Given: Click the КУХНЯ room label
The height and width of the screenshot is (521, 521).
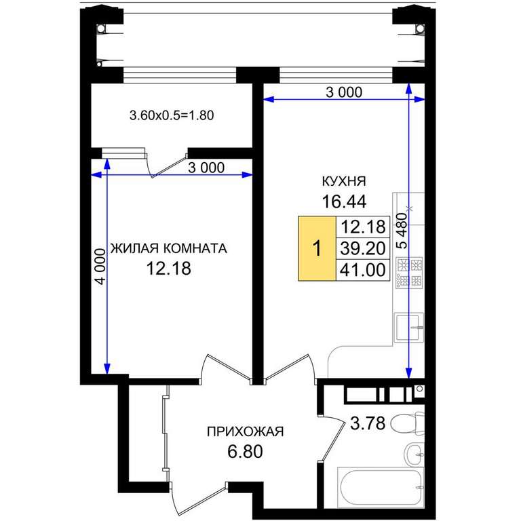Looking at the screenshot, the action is (344, 181).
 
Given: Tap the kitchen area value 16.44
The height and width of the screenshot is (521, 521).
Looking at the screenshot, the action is (344, 201).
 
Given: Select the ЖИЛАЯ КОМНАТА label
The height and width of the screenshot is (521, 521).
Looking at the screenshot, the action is (169, 248).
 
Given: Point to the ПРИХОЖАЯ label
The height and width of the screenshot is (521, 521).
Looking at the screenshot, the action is (245, 431).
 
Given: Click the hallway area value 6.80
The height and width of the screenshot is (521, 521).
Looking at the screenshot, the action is (245, 452).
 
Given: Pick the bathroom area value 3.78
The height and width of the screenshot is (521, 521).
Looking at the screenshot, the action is (368, 423).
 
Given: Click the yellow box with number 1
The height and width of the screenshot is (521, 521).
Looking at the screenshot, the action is (317, 248).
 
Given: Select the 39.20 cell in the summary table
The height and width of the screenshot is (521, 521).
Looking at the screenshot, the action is (363, 248).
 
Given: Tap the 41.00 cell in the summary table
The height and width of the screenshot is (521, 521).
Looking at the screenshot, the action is (363, 270).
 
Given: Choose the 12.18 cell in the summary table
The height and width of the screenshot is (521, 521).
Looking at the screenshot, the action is (363, 227).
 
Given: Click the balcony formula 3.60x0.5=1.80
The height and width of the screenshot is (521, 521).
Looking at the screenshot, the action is (172, 115).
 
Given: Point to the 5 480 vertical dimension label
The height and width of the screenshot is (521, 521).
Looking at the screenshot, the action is (402, 231).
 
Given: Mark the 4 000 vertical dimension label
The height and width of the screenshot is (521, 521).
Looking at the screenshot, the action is (100, 267).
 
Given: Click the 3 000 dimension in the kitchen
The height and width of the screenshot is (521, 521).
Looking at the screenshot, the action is (344, 92).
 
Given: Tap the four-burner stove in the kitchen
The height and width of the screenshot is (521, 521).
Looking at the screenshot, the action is (409, 273).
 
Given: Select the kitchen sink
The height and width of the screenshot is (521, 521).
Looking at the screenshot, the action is (409, 328).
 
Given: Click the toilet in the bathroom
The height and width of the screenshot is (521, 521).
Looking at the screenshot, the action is (407, 423).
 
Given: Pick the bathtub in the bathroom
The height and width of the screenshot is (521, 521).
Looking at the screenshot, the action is (381, 488).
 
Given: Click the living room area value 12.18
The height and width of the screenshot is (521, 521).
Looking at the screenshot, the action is (169, 269).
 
